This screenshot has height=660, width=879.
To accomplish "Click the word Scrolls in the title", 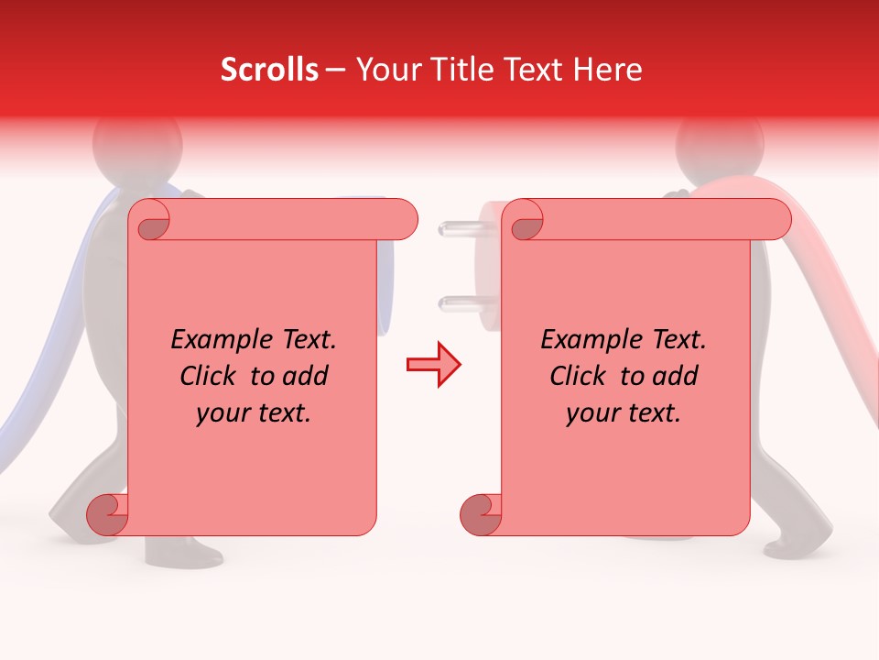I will [x=269, y=70].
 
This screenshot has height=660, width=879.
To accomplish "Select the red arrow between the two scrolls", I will [x=433, y=365].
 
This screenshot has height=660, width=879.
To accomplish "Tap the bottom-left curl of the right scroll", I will [x=478, y=515].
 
